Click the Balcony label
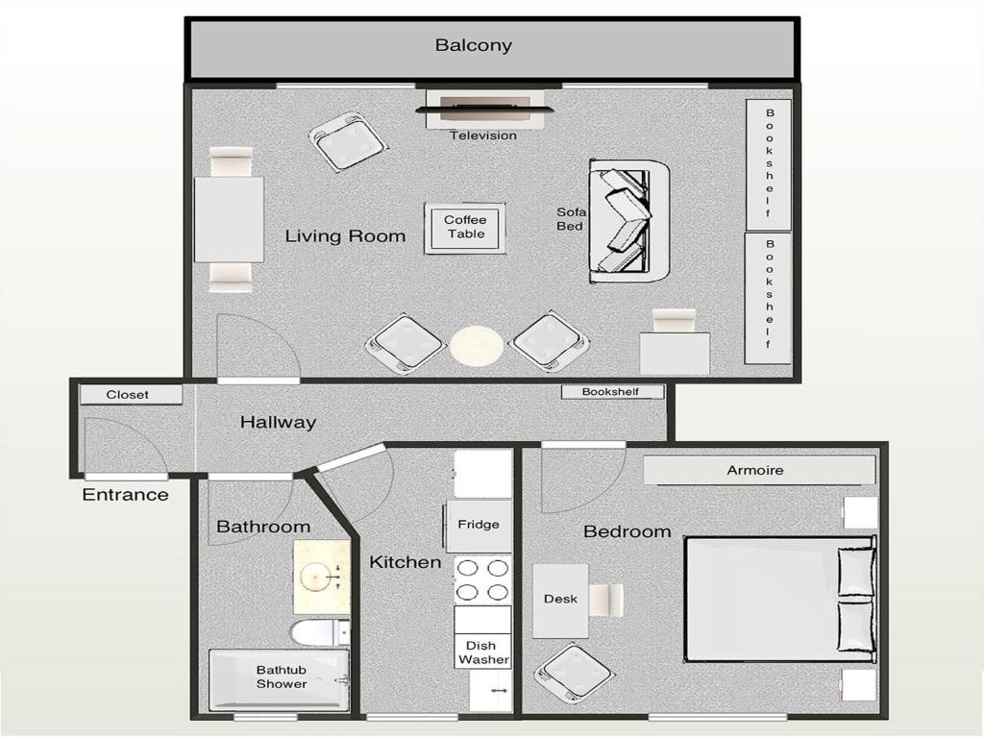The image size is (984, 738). point(473,45)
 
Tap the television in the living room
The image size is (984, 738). point(484,110)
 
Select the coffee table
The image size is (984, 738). point(465,228)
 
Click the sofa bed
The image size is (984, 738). point(629,222)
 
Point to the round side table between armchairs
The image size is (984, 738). point(477,345)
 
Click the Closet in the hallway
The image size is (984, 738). point(131,395)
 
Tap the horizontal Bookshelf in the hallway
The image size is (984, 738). point(612,392)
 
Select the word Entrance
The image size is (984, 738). point(126,495)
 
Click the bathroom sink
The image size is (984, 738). point(322,578)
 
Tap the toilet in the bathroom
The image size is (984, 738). point(320,632)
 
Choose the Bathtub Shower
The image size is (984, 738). point(279,680)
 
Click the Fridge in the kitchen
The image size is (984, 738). point(479,526)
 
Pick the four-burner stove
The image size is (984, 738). point(482,579)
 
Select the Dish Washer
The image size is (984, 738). point(483,652)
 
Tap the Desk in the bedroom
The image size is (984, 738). point(560,601)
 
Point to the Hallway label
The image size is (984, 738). point(278,422)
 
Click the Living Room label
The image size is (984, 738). point(345,236)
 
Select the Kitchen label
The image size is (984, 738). point(405,561)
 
